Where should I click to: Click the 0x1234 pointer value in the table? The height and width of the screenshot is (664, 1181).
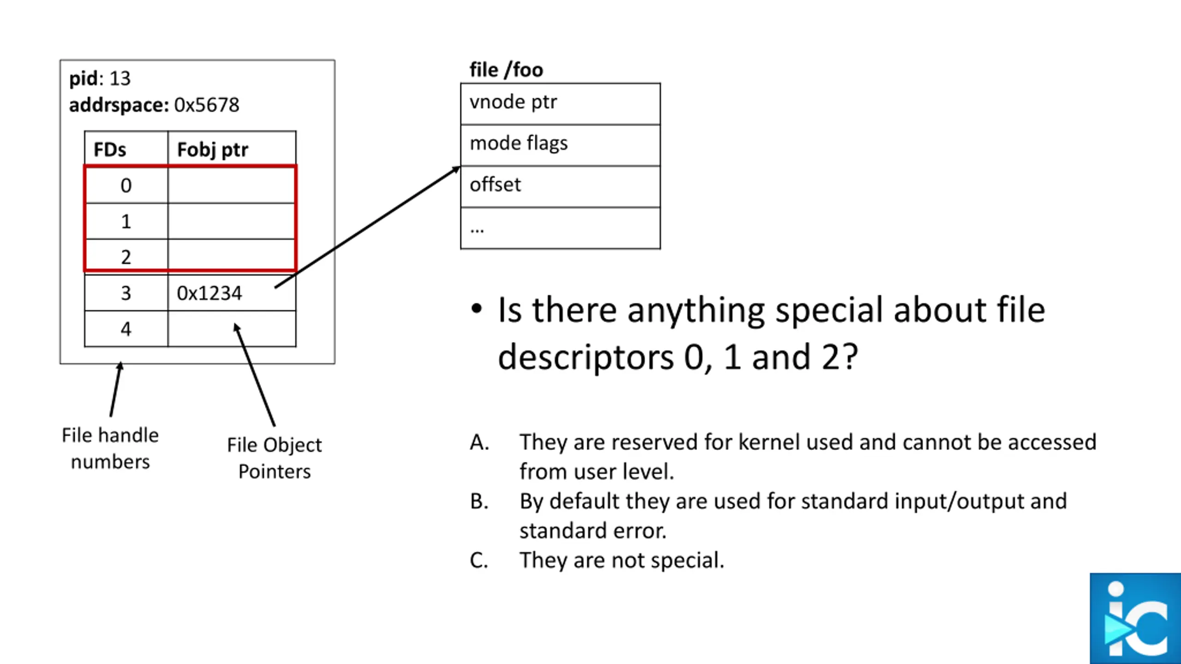(x=209, y=293)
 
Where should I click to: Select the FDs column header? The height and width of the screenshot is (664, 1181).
(x=110, y=150)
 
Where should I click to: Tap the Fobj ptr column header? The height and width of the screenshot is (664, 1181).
(x=213, y=150)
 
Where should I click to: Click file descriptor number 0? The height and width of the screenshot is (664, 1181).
(x=126, y=185)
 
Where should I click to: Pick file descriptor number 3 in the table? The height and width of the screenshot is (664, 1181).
(x=126, y=293)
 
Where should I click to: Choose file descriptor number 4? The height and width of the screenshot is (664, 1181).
(x=126, y=329)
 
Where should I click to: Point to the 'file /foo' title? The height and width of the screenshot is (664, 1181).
(x=506, y=70)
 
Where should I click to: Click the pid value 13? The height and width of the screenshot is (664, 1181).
(x=120, y=78)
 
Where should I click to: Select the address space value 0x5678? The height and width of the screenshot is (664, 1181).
(x=207, y=105)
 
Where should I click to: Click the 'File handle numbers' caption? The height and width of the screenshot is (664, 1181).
(x=110, y=448)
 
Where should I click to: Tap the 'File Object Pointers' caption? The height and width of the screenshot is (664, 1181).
(x=274, y=458)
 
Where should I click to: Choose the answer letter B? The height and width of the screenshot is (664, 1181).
(x=479, y=501)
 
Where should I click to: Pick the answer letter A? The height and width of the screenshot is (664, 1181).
(x=479, y=442)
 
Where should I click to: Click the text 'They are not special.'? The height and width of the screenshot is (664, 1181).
(x=622, y=560)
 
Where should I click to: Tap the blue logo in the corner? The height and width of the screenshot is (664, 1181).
(x=1135, y=618)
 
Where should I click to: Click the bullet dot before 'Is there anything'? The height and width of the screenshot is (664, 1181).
(x=477, y=309)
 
